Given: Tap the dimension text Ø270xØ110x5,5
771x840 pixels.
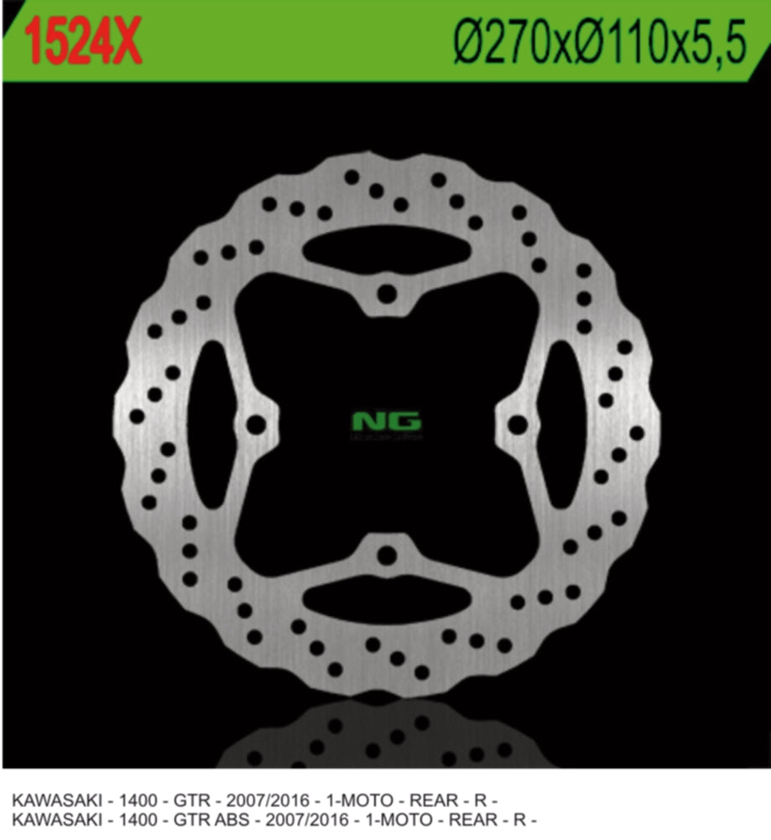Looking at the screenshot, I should [598, 42].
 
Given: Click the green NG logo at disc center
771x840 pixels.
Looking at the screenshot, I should [387, 421].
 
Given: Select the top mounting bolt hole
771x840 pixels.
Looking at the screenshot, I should [387, 294].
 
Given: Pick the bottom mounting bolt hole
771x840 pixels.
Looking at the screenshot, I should [387, 556].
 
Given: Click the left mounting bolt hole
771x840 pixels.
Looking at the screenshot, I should [255, 425].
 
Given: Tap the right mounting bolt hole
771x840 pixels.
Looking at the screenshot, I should [518, 425].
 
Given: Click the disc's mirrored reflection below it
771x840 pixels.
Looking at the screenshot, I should [387, 734].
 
